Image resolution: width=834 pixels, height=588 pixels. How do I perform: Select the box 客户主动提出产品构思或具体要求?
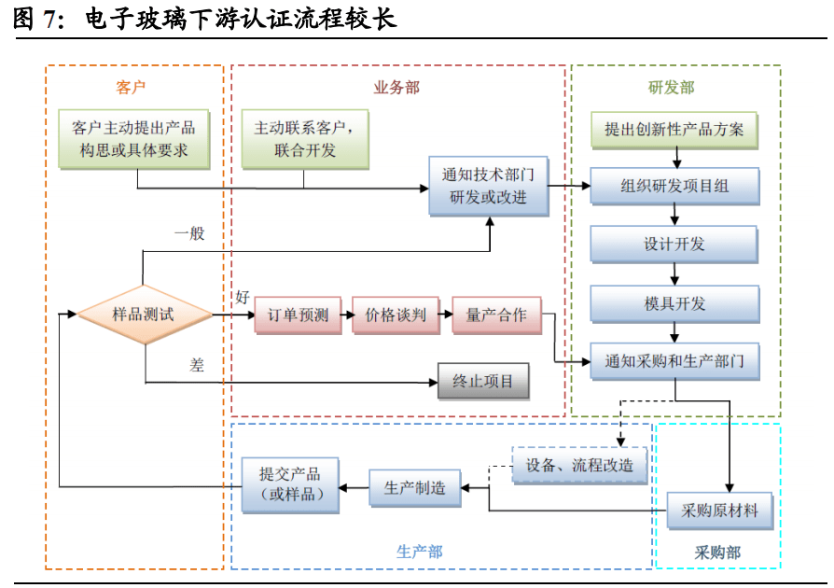pyautogui.click(x=132, y=139)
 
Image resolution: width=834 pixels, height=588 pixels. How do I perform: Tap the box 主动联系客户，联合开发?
pyautogui.click(x=304, y=139)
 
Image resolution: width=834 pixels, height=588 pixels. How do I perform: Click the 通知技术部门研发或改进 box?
pyautogui.click(x=488, y=186)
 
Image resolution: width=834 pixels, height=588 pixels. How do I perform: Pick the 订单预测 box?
pyautogui.click(x=298, y=315)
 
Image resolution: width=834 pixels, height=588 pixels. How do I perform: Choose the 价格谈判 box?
pyautogui.click(x=396, y=315)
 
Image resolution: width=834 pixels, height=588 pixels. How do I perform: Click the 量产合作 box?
pyautogui.click(x=495, y=315)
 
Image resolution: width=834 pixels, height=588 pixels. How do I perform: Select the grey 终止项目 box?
pyautogui.click(x=482, y=381)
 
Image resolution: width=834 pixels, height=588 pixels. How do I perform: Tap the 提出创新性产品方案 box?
pyautogui.click(x=674, y=130)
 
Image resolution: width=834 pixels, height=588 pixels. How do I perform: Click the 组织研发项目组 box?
pyautogui.click(x=674, y=186)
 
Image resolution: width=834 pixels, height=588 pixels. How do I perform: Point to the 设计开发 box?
pyautogui.click(x=674, y=245)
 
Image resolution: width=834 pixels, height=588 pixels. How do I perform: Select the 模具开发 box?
pyautogui.click(x=674, y=303)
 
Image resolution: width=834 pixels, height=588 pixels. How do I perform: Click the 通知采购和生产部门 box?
pyautogui.click(x=674, y=360)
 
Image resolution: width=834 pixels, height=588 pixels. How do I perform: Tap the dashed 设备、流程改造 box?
pyautogui.click(x=578, y=464)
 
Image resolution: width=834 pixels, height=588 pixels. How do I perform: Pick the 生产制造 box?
pyautogui.click(x=415, y=487)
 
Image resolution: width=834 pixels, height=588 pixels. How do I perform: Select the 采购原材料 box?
pyautogui.click(x=719, y=511)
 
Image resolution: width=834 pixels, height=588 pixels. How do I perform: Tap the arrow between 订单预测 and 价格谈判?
pyautogui.click(x=344, y=315)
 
